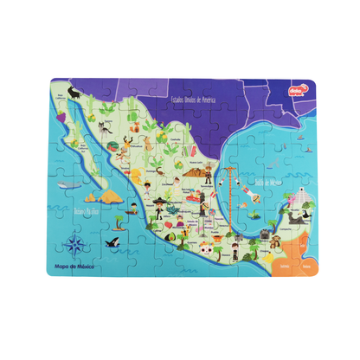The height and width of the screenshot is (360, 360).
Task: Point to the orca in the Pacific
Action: point(113,244)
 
